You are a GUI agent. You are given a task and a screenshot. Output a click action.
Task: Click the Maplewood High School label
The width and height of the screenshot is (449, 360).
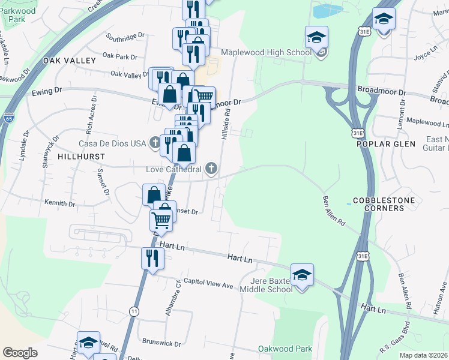[266, 52]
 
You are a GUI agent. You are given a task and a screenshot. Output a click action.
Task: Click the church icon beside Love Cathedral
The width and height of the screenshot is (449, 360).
[211, 169]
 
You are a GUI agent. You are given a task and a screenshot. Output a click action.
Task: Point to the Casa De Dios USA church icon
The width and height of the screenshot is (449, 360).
[155, 143]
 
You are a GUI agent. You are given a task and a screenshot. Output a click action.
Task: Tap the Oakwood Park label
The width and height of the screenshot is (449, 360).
[285, 349]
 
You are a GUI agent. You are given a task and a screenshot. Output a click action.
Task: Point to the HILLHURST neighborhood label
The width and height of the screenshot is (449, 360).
[82, 156]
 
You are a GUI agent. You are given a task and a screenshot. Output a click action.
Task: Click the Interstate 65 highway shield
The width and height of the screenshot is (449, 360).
[8, 117]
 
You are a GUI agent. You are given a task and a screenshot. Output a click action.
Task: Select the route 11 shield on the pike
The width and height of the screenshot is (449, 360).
[133, 310]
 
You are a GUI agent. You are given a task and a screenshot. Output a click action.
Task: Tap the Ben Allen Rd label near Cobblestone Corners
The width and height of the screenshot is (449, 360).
[334, 210]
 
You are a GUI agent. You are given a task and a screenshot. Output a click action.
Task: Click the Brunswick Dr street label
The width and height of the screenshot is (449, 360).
[162, 343]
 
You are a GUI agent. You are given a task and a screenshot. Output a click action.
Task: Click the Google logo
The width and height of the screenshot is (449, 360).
[20, 353]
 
